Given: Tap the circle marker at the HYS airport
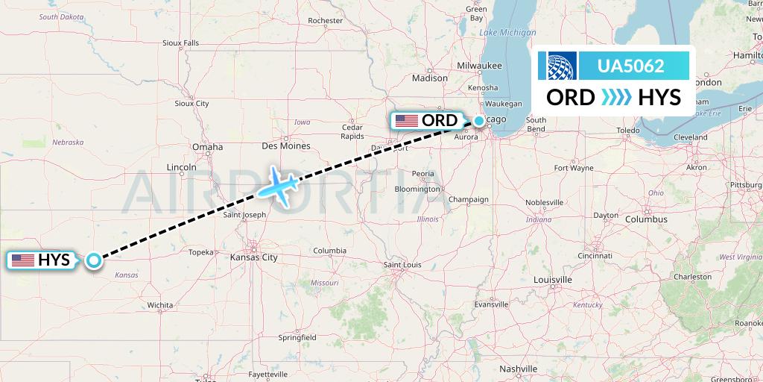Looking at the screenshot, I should pyautogui.click(x=93, y=260).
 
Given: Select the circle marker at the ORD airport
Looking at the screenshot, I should pyautogui.click(x=478, y=120).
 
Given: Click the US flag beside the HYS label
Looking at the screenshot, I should pyautogui.click(x=23, y=260).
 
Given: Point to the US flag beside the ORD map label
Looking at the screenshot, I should pyautogui.click(x=407, y=121).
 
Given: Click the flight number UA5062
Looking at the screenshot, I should pyautogui.click(x=630, y=66).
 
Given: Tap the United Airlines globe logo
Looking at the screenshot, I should pyautogui.click(x=562, y=66).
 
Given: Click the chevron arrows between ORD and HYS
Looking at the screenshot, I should pyautogui.click(x=615, y=97).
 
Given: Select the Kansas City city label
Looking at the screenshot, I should pyautogui.click(x=254, y=257).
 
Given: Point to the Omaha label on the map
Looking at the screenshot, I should pyautogui.click(x=207, y=147).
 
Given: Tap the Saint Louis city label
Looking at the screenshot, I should pyautogui.click(x=402, y=265).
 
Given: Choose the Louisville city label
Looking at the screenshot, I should pyautogui.click(x=553, y=279).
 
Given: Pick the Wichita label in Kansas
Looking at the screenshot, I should pyautogui.click(x=159, y=305).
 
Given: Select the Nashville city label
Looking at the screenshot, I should pyautogui.click(x=519, y=369).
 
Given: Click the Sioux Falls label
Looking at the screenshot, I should pyautogui.click(x=181, y=43).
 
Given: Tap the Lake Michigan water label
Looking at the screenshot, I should pyautogui.click(x=507, y=33).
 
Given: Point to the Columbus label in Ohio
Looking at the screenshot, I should pyautogui.click(x=646, y=219).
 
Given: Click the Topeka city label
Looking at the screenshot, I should pyautogui.click(x=201, y=252).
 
